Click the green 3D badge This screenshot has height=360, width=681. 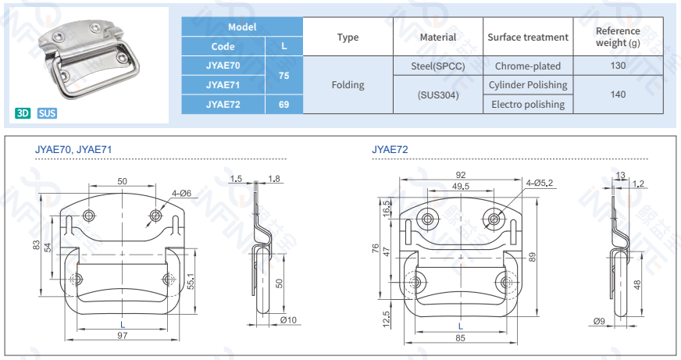(x=23, y=113)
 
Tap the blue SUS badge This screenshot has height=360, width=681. (x=47, y=113)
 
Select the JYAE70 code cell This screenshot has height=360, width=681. (x=223, y=66)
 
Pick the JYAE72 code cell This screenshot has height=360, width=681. (x=223, y=104)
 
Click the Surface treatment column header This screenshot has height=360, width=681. (x=527, y=37)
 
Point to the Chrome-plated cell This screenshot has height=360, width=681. (x=527, y=66)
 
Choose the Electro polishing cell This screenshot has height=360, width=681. (x=527, y=104)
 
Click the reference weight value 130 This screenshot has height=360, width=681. (x=618, y=66)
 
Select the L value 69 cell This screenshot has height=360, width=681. (x=283, y=104)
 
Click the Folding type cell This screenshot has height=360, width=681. (x=348, y=85)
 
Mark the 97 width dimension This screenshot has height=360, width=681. (x=123, y=335)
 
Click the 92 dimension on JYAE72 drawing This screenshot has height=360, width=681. (x=460, y=175)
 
